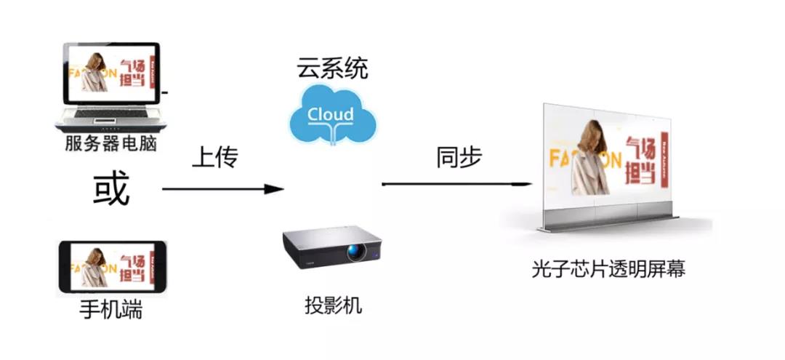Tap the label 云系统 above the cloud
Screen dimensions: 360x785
tap(331, 69)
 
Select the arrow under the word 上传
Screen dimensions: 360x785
tap(222, 189)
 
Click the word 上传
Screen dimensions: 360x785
tap(214, 157)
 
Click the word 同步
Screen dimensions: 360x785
tap(459, 157)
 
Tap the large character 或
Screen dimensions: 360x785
tap(110, 191)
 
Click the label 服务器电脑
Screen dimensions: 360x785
tap(110, 143)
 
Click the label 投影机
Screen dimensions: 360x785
tap(333, 305)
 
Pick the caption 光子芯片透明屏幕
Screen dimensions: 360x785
tap(608, 270)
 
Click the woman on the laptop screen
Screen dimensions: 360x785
tap(94, 73)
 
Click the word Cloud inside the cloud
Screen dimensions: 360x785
tap(331, 115)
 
